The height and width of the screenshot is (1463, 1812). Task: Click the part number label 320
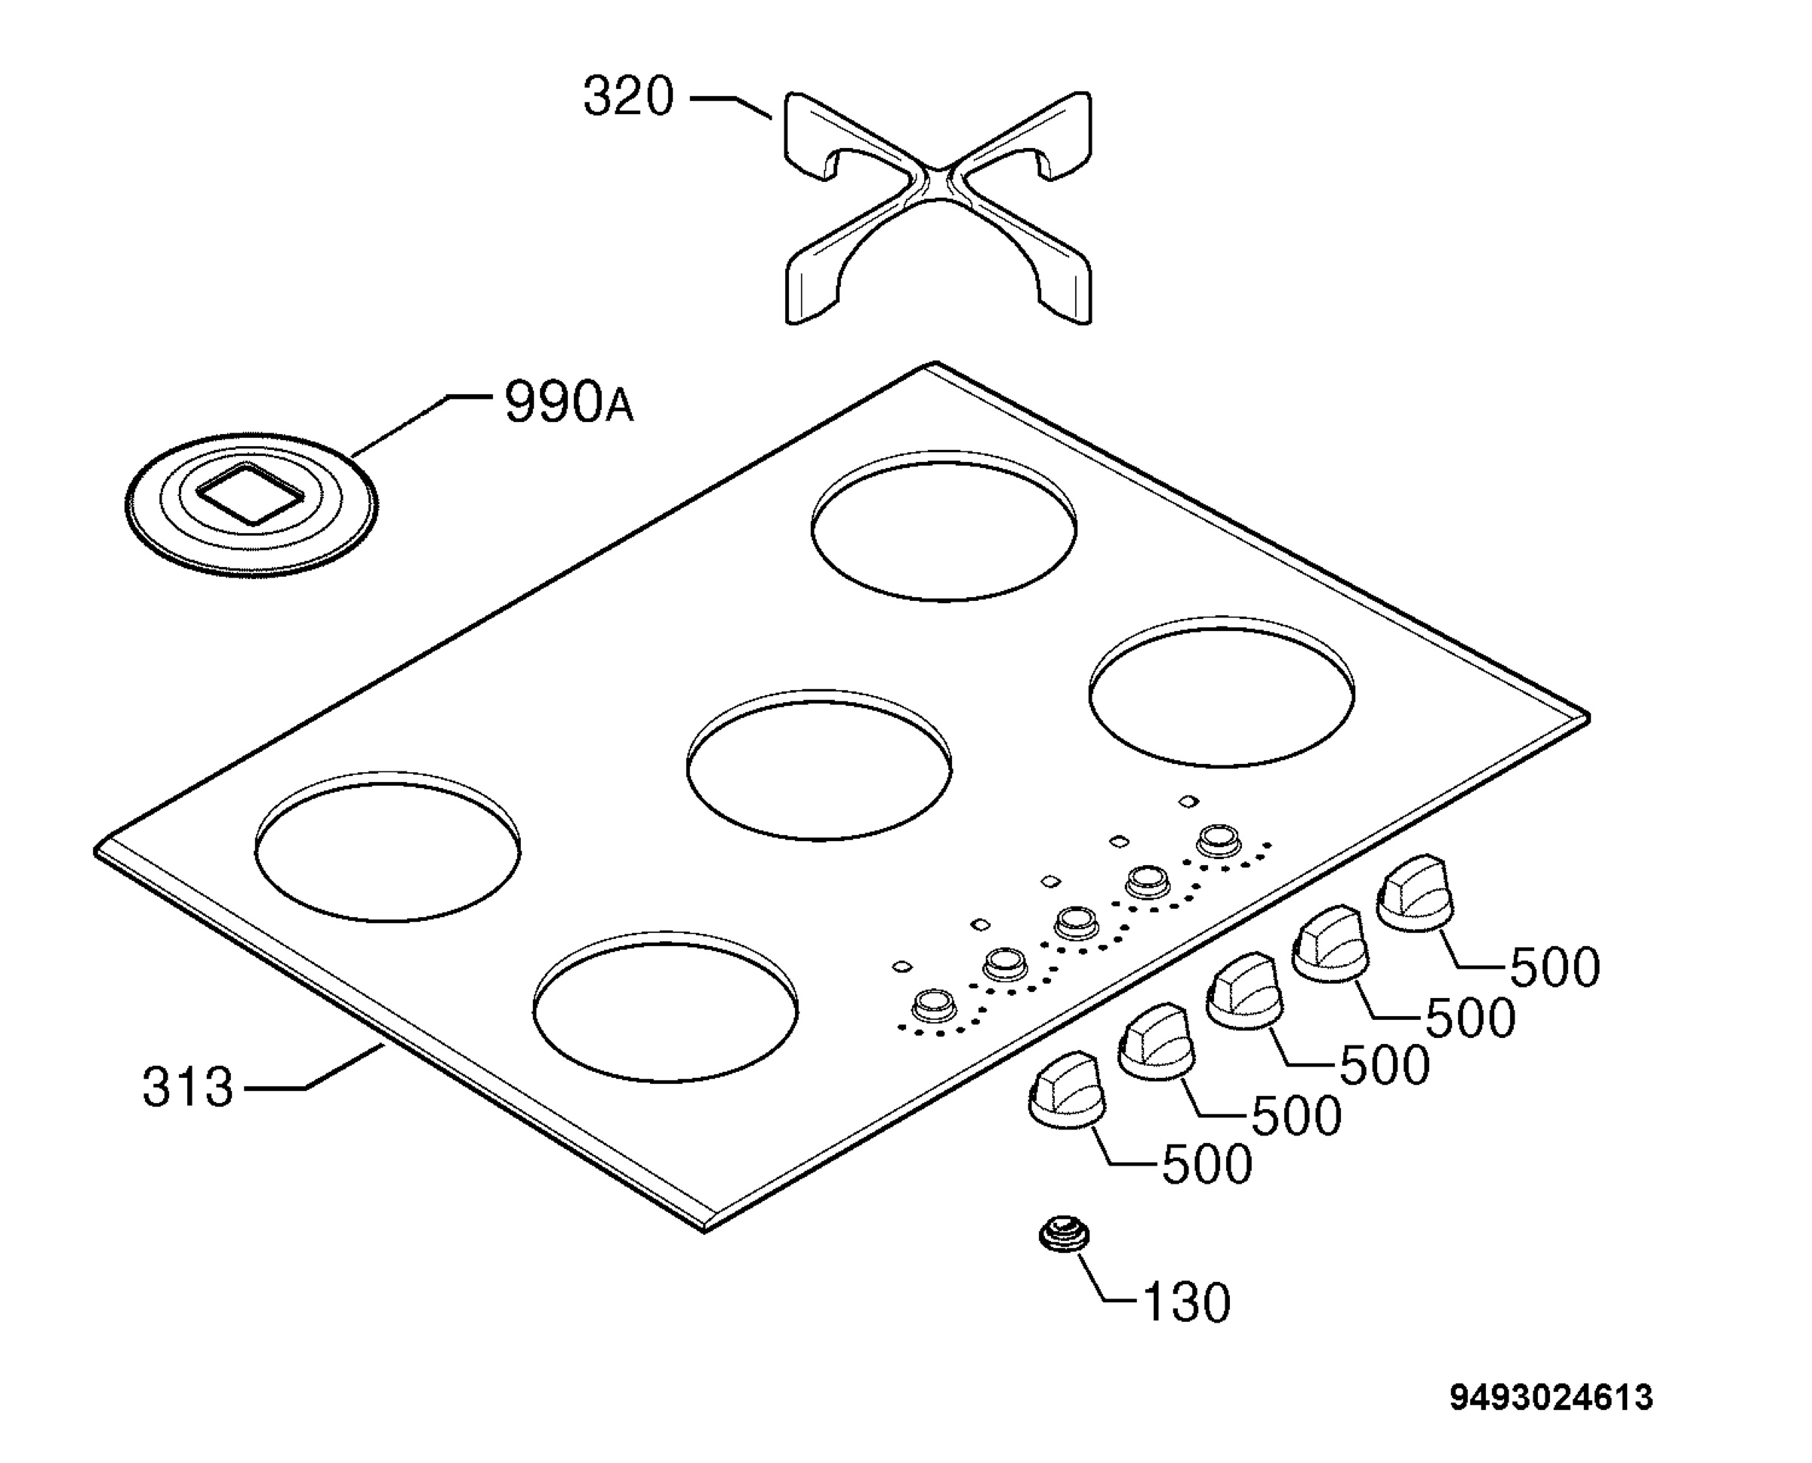pyautogui.click(x=629, y=96)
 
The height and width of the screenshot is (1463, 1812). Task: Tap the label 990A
pyautogui.click(x=568, y=402)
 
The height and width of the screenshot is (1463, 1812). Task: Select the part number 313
pyautogui.click(x=187, y=1087)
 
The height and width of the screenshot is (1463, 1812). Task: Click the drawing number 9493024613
pyautogui.click(x=1552, y=1398)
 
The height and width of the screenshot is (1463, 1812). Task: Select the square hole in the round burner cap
pyautogui.click(x=248, y=494)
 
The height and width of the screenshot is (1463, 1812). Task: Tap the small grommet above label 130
pyautogui.click(x=1064, y=1236)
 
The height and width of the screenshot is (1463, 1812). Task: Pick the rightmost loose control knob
pyautogui.click(x=1415, y=893)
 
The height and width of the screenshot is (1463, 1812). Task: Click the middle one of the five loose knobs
pyautogui.click(x=1244, y=991)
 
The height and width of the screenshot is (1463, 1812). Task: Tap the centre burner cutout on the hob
pyautogui.click(x=819, y=765)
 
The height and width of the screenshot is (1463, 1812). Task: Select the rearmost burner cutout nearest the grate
pyautogui.click(x=944, y=526)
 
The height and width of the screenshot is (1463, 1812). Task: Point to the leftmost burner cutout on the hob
pyautogui.click(x=387, y=846)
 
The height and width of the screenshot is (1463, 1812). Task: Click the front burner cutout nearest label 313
pyautogui.click(x=666, y=1007)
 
